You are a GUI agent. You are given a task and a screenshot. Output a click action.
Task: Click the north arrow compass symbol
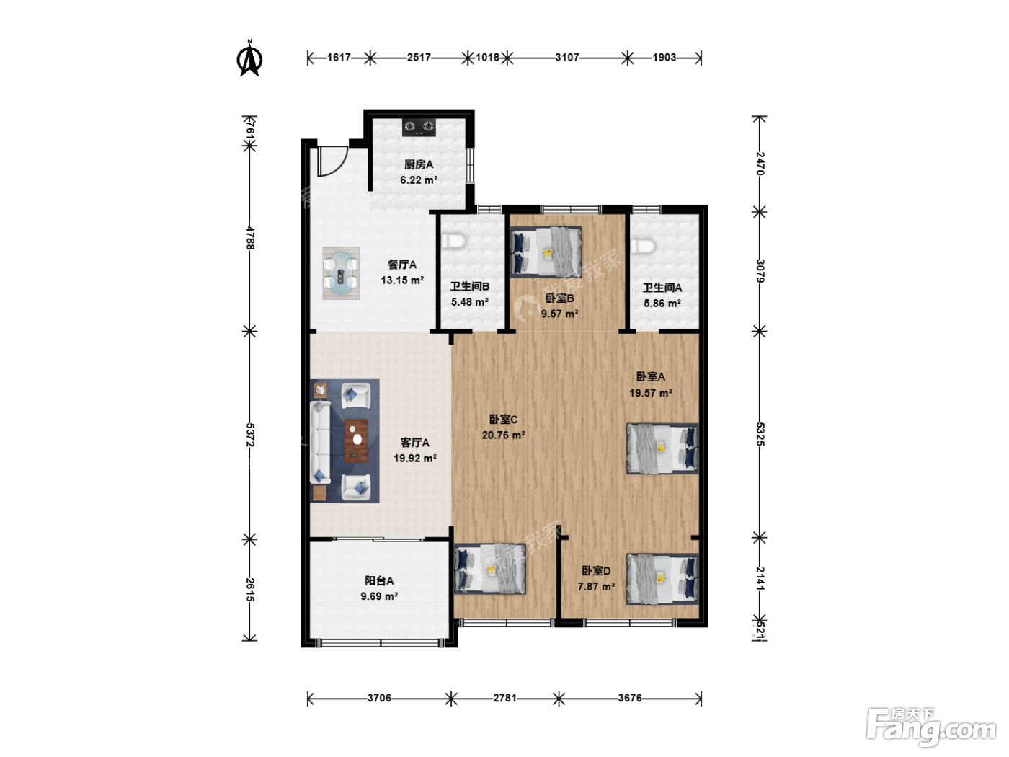249,58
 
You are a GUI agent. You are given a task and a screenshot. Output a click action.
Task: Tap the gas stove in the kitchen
419,127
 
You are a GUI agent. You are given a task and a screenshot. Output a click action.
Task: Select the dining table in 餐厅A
341,273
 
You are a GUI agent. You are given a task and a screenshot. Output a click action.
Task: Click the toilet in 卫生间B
454,240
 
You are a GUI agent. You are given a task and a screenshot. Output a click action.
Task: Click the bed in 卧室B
546,252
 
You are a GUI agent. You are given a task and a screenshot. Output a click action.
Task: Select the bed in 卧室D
662,579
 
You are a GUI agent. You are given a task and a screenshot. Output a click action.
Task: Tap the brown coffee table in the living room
356,441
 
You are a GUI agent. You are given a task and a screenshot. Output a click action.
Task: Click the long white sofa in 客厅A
321,442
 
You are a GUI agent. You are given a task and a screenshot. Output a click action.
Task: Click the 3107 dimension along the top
566,58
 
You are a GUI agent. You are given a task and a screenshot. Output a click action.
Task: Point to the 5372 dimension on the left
249,434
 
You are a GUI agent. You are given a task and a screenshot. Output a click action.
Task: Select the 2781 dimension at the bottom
504,698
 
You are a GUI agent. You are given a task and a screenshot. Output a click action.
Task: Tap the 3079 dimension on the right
760,271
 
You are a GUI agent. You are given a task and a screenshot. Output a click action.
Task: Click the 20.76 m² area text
503,435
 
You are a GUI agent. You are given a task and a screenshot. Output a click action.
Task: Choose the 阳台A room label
379,580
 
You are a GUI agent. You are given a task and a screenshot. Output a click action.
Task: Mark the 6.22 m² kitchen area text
418,180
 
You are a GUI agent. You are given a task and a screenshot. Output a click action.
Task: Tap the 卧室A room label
651,376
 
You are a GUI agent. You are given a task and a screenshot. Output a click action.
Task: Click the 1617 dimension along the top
339,58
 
